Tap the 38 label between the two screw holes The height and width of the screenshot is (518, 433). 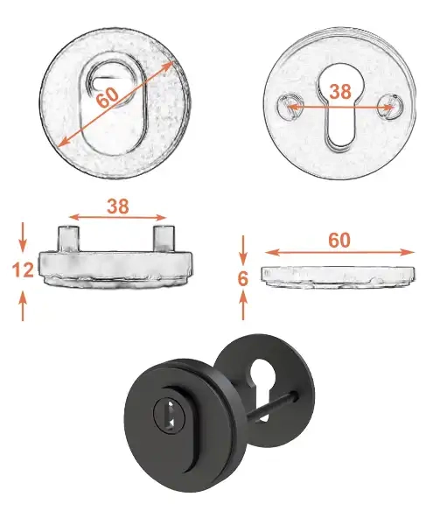[x=340, y=92]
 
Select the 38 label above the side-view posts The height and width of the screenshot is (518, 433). [x=117, y=206]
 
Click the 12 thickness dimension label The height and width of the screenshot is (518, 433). [x=23, y=269]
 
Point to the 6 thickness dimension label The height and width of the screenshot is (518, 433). [x=243, y=279]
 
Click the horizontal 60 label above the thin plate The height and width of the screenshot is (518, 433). [x=339, y=240]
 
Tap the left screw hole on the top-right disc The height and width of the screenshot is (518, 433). [x=289, y=107]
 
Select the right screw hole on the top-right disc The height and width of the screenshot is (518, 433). [x=390, y=106]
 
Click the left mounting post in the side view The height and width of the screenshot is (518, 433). [x=69, y=239]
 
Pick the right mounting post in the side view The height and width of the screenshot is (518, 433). [x=164, y=239]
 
